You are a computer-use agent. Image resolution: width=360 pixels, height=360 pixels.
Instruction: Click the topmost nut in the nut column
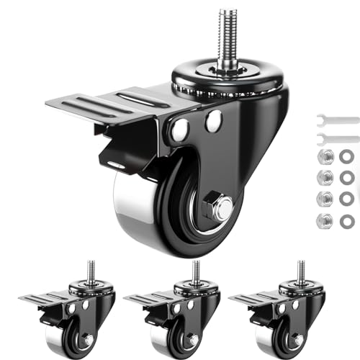click(326, 158)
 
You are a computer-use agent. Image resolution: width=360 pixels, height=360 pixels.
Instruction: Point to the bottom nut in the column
click(326, 221)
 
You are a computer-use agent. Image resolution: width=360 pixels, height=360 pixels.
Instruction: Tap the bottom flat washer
click(346, 221)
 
